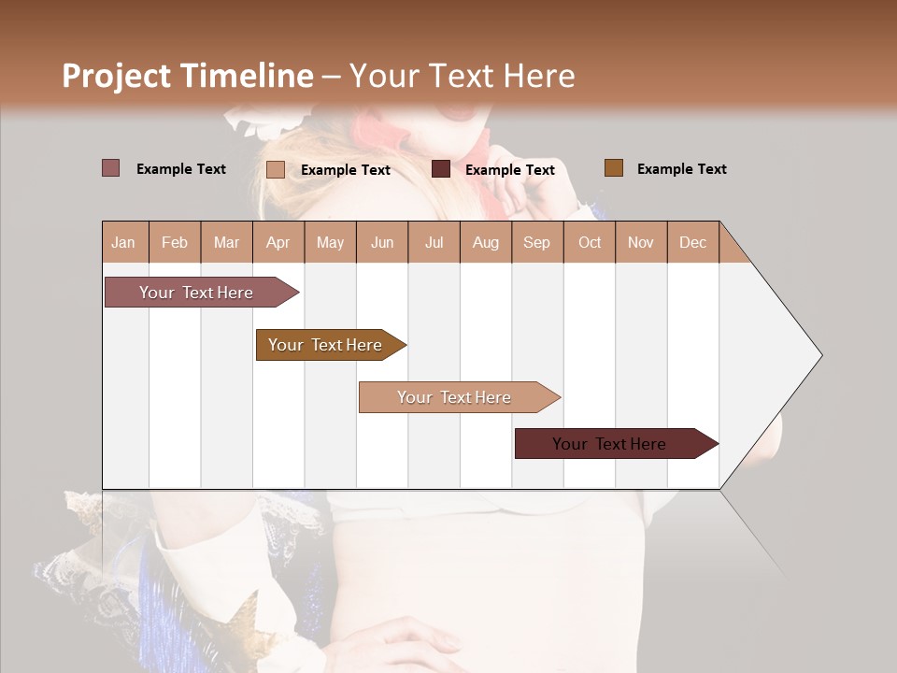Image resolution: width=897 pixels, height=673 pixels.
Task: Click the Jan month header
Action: (x=123, y=243)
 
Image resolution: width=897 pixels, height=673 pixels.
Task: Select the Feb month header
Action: (x=175, y=243)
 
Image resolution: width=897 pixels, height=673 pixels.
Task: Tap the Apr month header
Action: (x=278, y=243)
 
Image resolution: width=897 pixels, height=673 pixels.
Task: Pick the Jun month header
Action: (x=382, y=243)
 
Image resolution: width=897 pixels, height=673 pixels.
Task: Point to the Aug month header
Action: (x=485, y=243)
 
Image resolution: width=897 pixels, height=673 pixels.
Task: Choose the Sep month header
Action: (x=536, y=243)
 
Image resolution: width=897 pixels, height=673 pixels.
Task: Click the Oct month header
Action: (x=590, y=243)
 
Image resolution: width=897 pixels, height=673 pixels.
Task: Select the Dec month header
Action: (x=692, y=243)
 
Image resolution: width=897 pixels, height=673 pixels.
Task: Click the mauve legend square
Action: (x=111, y=168)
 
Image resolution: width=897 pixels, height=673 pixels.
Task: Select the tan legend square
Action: (x=276, y=169)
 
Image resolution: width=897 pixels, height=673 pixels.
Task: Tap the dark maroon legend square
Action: (x=441, y=169)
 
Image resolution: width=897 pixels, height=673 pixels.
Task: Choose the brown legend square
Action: (x=613, y=168)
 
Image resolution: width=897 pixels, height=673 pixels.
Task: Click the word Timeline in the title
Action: (x=247, y=76)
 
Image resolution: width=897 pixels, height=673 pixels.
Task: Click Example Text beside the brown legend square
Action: (x=681, y=169)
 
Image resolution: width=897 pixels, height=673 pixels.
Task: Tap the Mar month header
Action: (x=226, y=243)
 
